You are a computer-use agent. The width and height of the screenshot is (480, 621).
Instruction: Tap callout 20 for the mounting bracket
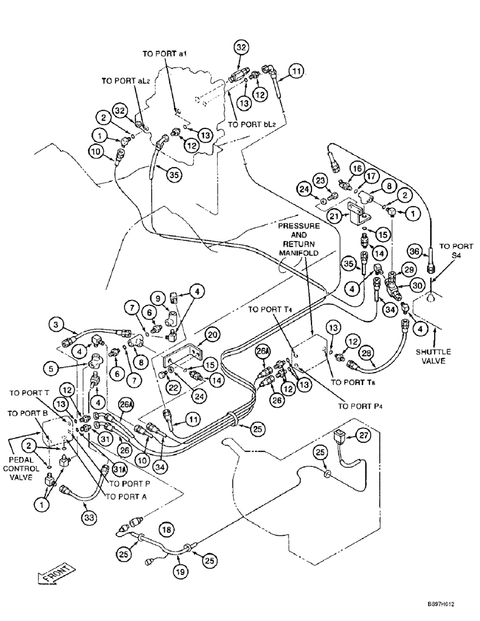tap(211, 335)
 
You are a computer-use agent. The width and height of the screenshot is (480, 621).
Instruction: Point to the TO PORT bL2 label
tap(250, 124)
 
